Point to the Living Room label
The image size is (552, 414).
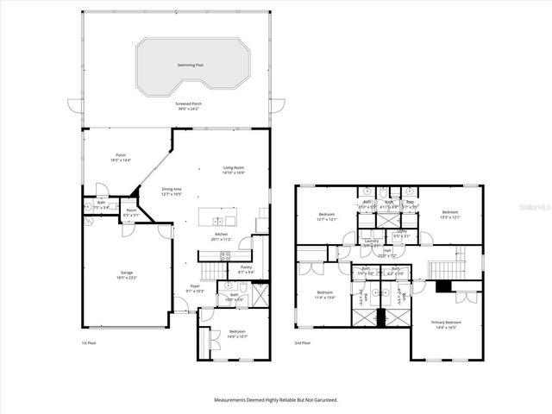click(x=210, y=169)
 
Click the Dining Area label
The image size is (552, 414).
click(x=172, y=188)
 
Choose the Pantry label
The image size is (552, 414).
click(x=246, y=267)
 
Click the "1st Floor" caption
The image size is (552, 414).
click(x=89, y=342)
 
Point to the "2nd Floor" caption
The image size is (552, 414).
click(x=302, y=342)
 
